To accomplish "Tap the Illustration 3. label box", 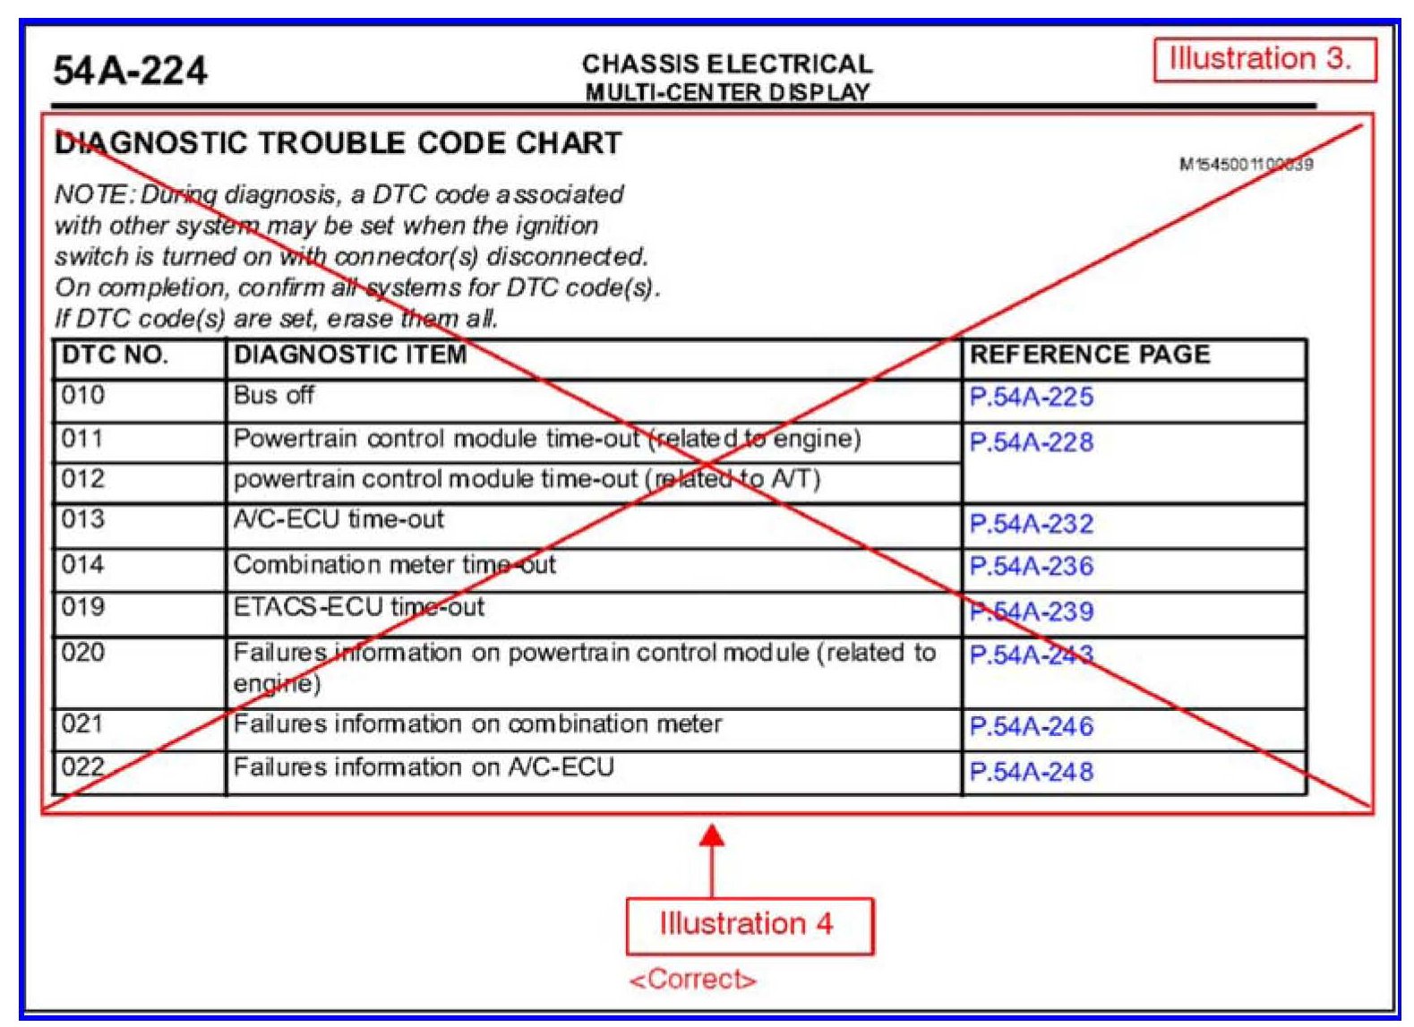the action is pos(1264,60).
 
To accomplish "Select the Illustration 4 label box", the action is pos(748,925).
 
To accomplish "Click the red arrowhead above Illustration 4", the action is pos(712,836).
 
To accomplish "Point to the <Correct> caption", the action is pos(692,980).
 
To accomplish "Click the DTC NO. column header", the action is pos(115,355).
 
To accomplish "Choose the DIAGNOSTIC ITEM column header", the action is pos(350,355).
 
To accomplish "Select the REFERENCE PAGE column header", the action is pos(1089,355).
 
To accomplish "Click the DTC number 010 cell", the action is pos(83,396).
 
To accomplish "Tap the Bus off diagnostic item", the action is pos(274,396).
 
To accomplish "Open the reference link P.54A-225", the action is pos(1031,398).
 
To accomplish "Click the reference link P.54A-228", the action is pos(1031,442).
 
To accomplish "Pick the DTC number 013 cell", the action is pos(83,519).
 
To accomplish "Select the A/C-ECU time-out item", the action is pos(339,519).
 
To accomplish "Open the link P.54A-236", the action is pos(1031,567).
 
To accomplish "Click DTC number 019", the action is pos(83,607).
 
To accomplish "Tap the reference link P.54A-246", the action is pos(1031,726).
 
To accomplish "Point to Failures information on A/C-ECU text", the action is pos(424,767).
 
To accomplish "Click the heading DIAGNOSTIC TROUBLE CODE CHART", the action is pos(339,143).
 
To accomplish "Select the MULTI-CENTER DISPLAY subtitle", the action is pos(727,93).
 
